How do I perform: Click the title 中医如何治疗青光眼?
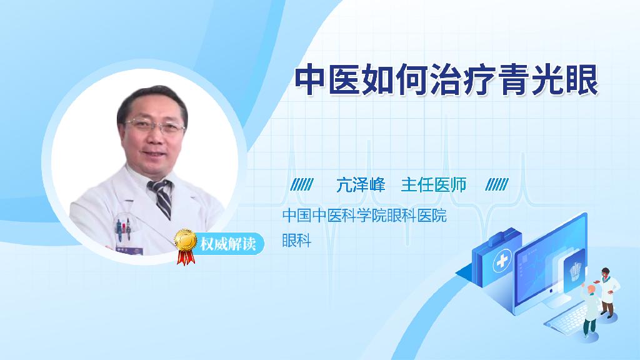(x=446, y=80)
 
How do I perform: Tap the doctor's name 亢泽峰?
(x=361, y=185)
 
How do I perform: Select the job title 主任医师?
(x=434, y=185)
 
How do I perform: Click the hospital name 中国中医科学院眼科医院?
(x=364, y=215)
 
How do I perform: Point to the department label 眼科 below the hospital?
(x=297, y=240)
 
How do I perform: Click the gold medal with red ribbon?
(x=186, y=246)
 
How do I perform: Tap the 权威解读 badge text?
(x=227, y=244)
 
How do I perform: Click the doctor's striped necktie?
(x=162, y=198)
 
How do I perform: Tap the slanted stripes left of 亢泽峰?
(x=302, y=184)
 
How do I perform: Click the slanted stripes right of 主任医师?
(x=497, y=184)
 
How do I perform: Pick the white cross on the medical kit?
(x=502, y=261)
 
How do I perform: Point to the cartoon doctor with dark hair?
(x=607, y=292)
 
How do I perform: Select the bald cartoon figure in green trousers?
(x=590, y=311)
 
